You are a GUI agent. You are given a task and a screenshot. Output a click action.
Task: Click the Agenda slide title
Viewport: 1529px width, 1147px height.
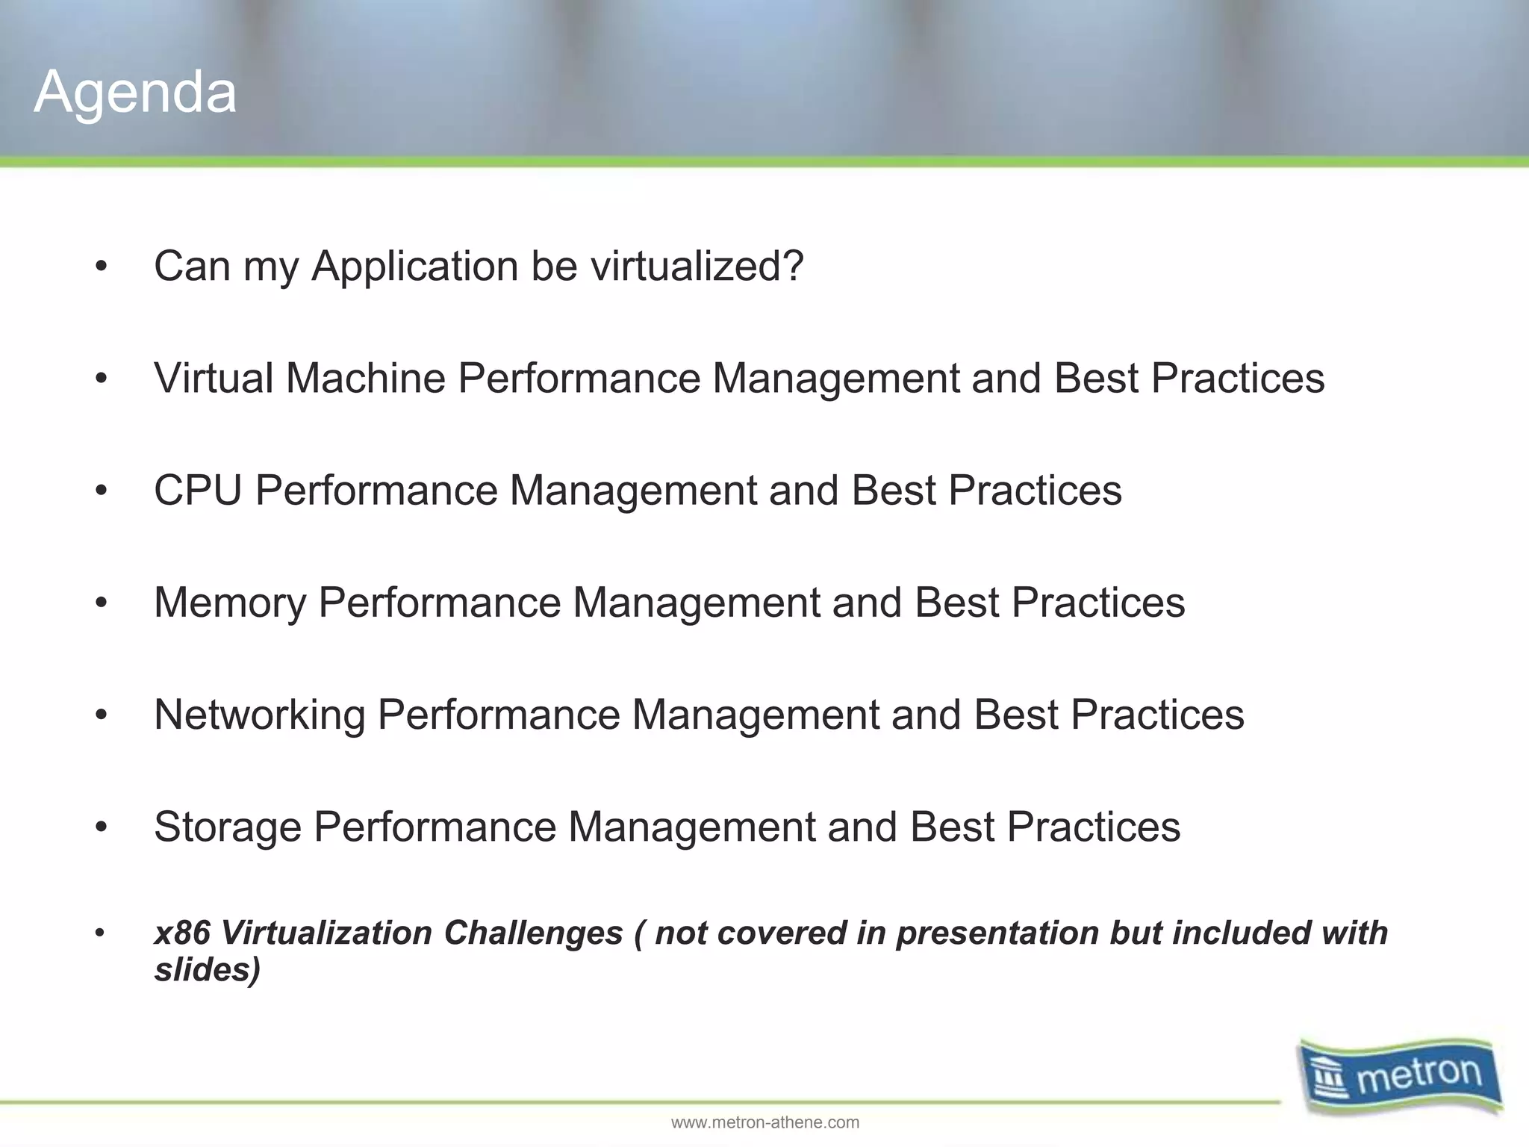coord(135,93)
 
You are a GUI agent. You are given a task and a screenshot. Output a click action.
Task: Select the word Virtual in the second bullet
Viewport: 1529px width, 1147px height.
coord(214,378)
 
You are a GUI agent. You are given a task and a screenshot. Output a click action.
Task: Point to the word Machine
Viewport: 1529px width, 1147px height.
coord(365,378)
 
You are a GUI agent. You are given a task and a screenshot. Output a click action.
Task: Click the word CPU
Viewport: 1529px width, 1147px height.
coord(198,491)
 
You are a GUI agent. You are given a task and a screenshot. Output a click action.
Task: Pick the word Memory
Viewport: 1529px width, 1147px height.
coord(229,603)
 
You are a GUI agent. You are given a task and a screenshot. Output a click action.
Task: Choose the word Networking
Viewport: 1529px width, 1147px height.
coord(259,715)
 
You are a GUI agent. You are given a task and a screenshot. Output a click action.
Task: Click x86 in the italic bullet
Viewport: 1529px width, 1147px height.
coord(181,933)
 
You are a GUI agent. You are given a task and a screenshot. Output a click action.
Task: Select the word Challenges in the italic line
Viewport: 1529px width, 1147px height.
coord(533,933)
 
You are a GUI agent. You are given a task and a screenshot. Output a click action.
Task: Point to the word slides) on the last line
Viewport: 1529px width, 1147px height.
coord(207,970)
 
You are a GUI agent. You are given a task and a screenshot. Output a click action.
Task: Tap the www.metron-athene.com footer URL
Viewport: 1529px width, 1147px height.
coord(764,1122)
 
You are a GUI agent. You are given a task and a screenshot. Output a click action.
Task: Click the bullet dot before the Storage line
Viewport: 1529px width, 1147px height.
coord(102,827)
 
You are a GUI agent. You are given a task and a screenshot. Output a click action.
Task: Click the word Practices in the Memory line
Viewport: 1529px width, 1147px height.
coord(1097,603)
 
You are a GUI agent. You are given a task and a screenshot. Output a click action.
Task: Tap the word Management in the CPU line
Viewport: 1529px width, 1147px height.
coord(632,491)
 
